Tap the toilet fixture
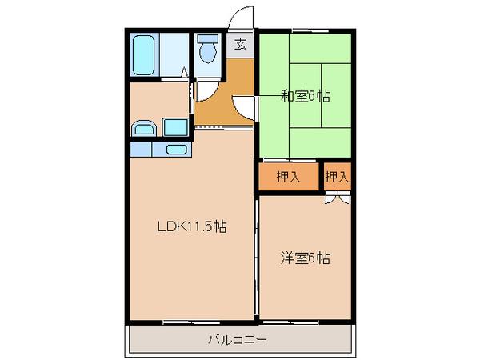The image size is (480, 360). click(208, 50)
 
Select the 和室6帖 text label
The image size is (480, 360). click(305, 97)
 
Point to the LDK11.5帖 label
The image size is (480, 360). click(190, 226)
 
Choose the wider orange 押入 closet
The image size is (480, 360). click(289, 177)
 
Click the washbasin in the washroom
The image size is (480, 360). click(144, 128)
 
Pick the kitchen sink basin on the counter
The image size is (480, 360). click(176, 149)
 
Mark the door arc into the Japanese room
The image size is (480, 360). click(243, 105)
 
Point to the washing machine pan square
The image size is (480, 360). click(175, 127)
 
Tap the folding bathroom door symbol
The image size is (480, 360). click(186, 74)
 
